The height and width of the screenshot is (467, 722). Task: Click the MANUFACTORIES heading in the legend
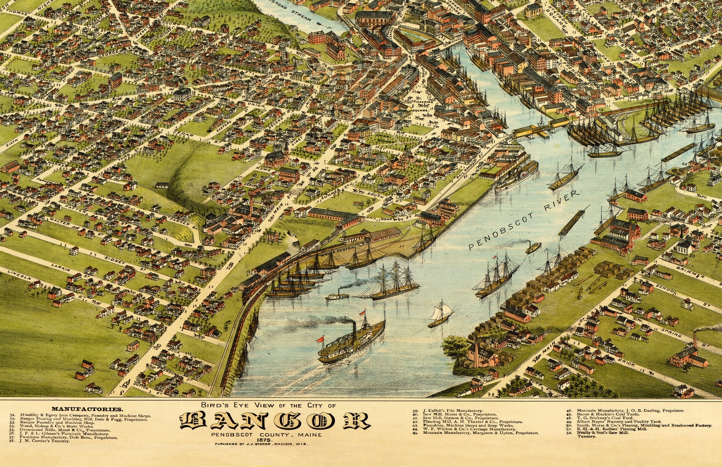[x=87, y=409]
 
